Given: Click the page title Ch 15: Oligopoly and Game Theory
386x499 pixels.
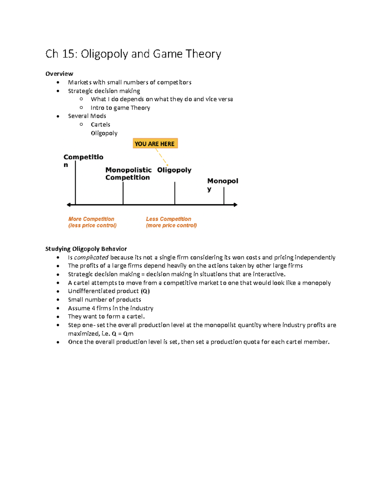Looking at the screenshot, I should tap(133, 54).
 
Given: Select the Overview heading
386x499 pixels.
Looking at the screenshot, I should tap(59, 74).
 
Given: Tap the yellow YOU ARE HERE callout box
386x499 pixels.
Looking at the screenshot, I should tap(155, 143).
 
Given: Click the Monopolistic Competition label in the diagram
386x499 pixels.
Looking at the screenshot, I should tap(128, 174).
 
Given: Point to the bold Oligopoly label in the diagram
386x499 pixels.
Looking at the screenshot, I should tap(174, 170).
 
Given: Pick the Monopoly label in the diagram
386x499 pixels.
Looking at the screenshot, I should tap(222, 184).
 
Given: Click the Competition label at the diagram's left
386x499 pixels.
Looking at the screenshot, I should tap(83, 160).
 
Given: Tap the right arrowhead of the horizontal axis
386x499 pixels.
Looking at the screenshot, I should tap(235, 205).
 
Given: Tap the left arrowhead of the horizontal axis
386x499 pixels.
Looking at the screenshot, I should tap(69, 205).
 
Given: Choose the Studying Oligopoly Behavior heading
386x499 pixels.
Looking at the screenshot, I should tap(86, 249).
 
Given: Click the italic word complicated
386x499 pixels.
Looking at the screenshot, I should tap(91, 257).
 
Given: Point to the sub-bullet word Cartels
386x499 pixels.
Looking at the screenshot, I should tap(100, 124).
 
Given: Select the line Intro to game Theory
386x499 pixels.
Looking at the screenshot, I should tap(120, 108).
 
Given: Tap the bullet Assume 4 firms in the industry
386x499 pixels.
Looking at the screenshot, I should tap(110, 308).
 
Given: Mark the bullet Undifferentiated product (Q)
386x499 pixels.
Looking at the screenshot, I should tap(109, 291).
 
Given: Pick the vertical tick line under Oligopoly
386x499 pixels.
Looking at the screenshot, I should tap(175, 193).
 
